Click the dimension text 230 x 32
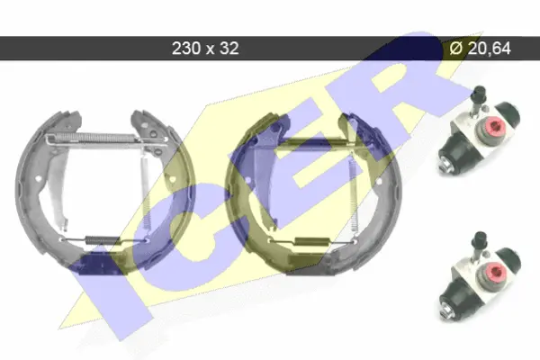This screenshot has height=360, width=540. (x=205, y=49)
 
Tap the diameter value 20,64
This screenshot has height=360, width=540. (x=490, y=49)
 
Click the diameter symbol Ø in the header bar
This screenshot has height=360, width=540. (x=456, y=49)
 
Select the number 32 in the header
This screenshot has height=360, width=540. (x=229, y=49)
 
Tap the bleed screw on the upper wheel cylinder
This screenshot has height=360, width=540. (x=479, y=99)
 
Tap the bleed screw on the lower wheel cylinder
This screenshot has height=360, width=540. (x=480, y=245)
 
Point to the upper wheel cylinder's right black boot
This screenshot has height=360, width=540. (x=508, y=114)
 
